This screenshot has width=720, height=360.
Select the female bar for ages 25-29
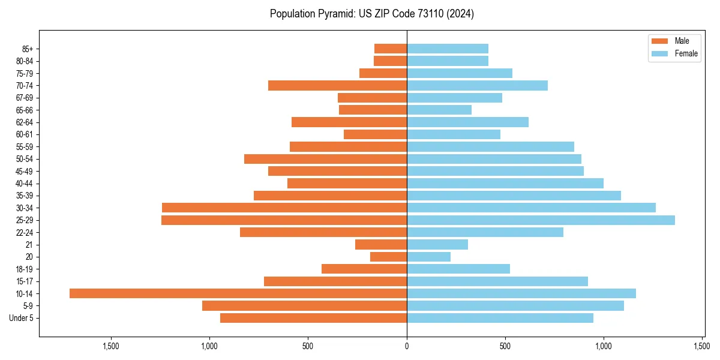541,220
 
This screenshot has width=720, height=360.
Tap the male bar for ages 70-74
337,85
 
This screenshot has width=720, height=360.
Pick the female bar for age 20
428,257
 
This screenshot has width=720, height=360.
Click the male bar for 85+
391,49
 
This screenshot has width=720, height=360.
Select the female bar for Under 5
500,318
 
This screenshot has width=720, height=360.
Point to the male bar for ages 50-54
325,159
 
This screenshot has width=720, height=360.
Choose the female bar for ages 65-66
439,110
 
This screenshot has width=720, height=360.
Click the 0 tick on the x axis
407,346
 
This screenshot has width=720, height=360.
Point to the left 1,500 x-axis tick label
111,346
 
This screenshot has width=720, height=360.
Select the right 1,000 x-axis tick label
604,346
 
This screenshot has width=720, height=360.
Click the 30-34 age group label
25,208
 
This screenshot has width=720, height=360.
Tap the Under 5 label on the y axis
21,318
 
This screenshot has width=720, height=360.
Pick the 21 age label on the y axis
29,245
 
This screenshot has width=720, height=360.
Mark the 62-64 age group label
25,122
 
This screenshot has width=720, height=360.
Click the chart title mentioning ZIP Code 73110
372,14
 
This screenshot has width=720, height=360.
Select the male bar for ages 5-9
304,306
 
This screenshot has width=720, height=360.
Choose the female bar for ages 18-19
458,269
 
